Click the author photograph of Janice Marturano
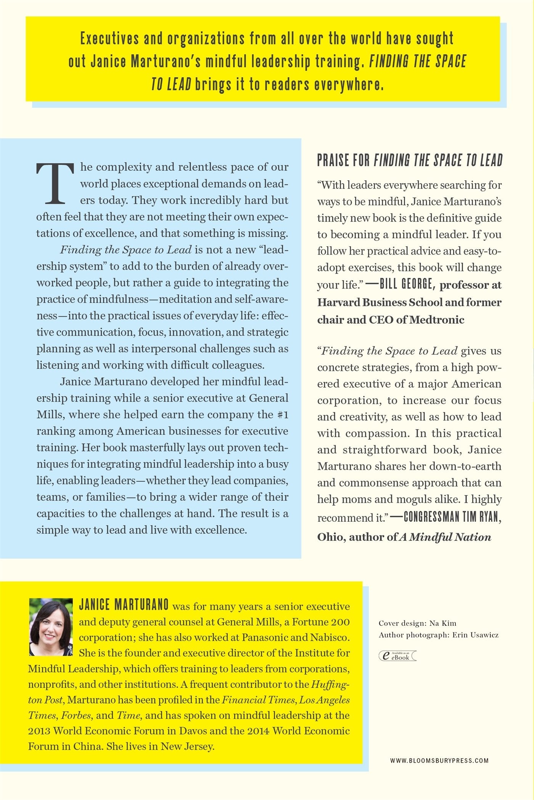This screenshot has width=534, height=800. coord(51,627)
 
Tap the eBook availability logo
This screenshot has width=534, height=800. coord(397,656)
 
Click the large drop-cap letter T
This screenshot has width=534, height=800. coord(55,183)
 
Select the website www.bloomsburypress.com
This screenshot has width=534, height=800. coord(439,760)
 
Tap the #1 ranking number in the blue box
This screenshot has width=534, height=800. coord(283,414)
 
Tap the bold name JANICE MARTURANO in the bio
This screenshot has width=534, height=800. coord(124,605)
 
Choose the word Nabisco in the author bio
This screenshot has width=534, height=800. coord(330,637)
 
